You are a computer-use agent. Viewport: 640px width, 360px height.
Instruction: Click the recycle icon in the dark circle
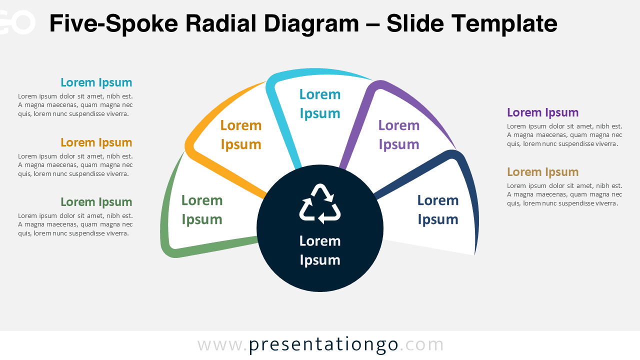pos(320,204)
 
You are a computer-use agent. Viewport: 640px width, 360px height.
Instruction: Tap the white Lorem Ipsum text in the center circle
pos(320,250)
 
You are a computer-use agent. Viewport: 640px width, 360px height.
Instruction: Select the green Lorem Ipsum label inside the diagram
pos(202,210)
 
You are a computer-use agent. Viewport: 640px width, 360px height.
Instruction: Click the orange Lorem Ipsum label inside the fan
pos(241,135)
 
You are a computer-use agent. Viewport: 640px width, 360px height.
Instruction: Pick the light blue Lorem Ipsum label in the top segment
pos(320,103)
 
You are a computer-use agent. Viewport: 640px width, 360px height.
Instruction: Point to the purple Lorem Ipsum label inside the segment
pos(399,135)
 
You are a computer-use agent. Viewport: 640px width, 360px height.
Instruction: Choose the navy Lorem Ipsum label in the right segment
pos(438,210)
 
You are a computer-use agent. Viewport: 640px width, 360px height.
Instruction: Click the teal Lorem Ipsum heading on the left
pos(96,82)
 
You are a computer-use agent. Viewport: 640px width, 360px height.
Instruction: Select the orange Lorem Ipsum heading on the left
pos(96,142)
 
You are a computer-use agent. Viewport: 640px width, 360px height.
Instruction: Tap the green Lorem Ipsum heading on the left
pos(96,202)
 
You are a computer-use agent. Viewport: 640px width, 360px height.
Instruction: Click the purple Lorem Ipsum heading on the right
pos(543,112)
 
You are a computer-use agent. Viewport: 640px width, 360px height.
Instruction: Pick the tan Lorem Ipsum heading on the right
pos(543,172)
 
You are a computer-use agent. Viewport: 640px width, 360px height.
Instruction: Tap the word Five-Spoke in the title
pos(113,24)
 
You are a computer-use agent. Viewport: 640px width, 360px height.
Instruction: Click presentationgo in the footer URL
pos(323,345)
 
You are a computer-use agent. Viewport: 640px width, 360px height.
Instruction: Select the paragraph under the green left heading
pos(75,224)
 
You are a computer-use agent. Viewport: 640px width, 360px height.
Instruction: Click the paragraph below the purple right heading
pos(564,135)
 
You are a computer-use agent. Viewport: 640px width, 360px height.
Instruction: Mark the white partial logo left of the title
pos(17,22)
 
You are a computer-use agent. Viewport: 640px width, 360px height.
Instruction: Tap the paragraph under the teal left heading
pos(75,105)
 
